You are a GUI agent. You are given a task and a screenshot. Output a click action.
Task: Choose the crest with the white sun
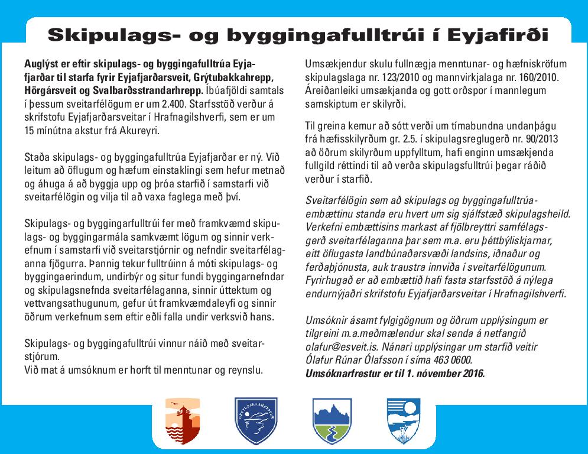[x=404, y=422]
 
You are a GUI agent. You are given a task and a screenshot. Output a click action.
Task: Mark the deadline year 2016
[x=471, y=372]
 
